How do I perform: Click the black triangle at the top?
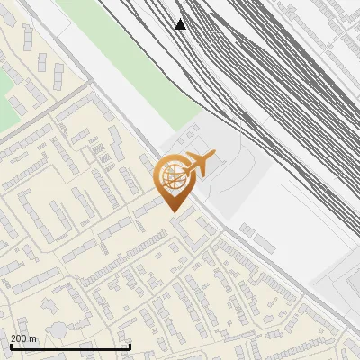coord(181,24)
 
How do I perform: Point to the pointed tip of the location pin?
coord(172,211)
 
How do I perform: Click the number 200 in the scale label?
coord(20,338)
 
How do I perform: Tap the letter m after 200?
coord(33,338)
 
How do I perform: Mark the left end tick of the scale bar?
coord(10,346)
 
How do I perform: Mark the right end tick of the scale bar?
coord(130,346)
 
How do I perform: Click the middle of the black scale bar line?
coord(70,347)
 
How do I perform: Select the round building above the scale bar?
coord(58,330)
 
